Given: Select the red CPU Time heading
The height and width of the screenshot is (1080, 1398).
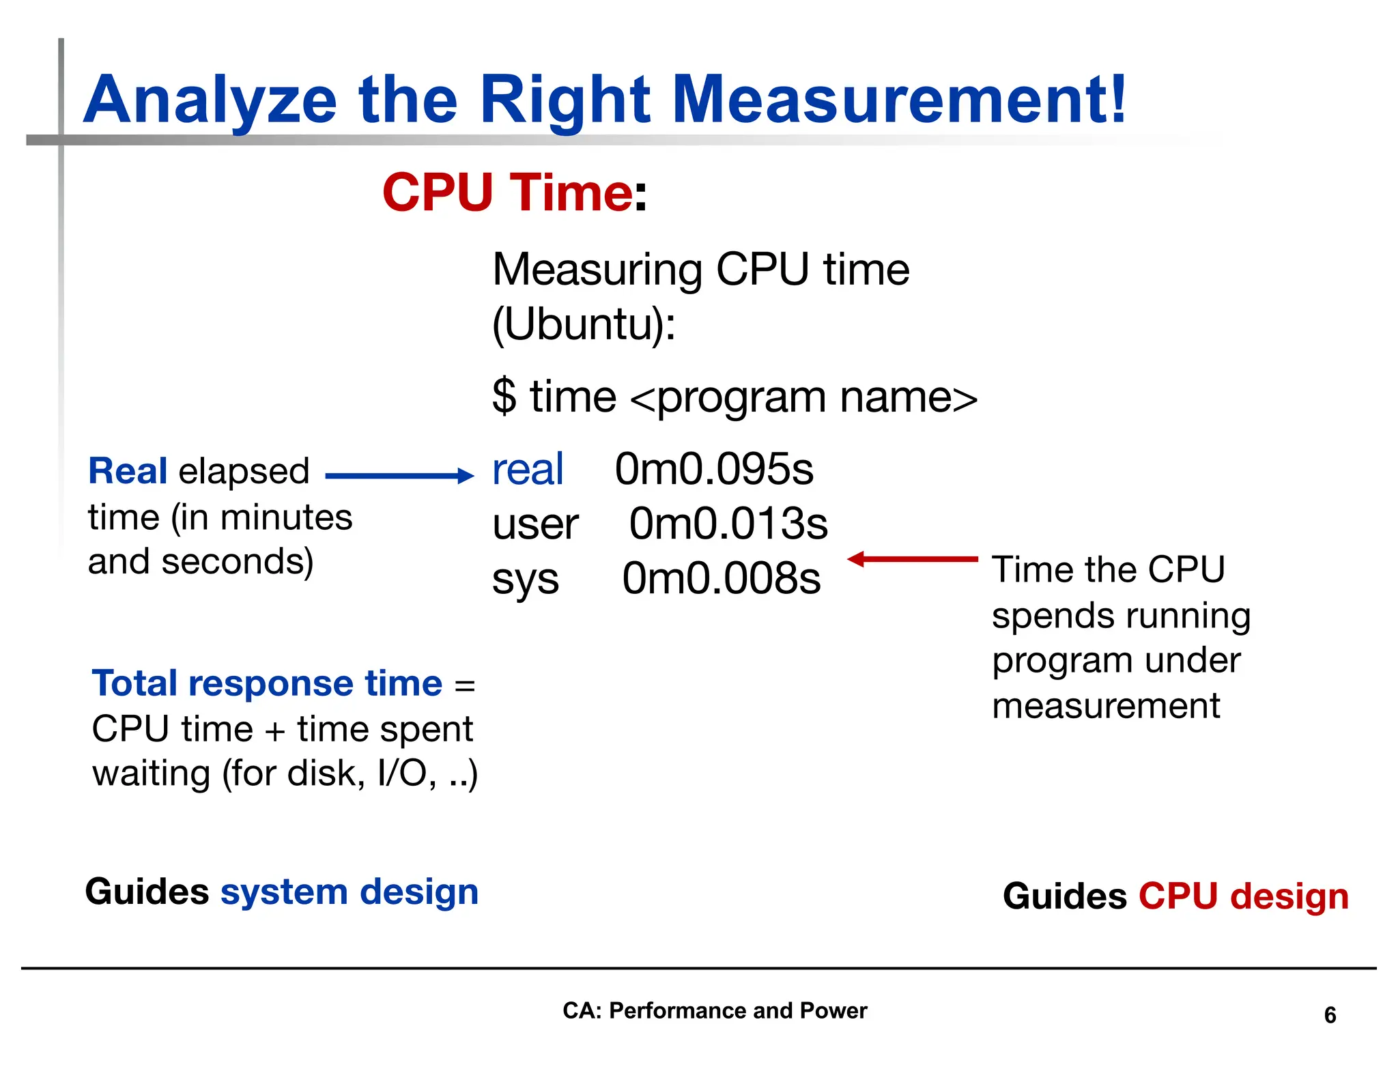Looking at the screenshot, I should pos(507,193).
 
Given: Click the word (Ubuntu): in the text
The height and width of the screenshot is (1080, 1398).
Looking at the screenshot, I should pos(584,324).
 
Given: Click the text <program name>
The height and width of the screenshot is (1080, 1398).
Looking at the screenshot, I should pos(803,398).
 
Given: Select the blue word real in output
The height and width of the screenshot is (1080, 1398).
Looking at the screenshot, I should pos(528,470).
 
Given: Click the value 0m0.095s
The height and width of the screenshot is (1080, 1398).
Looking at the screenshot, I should pos(714,470).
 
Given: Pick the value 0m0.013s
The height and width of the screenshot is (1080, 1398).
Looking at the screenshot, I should pos(728,524).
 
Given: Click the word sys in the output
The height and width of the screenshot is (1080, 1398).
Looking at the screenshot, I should pos(526,580).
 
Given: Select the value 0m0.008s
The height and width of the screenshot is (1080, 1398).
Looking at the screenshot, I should pos(721,579).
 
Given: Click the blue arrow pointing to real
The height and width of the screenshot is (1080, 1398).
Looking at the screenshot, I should pos(399,476).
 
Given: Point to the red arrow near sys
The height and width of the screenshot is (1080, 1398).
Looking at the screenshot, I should pos(913,559).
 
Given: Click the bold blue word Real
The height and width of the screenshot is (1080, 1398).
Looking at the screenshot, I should pos(128,471).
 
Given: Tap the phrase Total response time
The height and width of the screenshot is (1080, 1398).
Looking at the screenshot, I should pos(267,683).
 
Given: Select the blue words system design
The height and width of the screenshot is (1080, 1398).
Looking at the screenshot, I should pos(349,892).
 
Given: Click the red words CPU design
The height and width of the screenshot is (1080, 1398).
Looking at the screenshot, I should pos(1243,896).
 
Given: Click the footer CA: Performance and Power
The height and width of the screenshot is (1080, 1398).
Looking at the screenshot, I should pos(714,1010).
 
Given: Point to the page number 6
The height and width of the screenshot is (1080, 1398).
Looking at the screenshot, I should pos(1330,1015).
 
